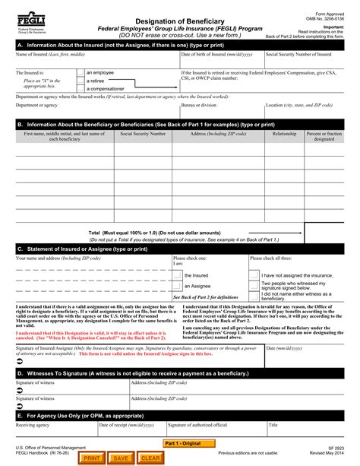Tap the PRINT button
coord(91,458)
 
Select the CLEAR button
coord(150,458)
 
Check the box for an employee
coord(80,72)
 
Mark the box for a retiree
coord(80,80)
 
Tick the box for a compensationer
coord(80,88)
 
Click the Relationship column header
coord(285,133)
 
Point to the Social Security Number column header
coord(143,133)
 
